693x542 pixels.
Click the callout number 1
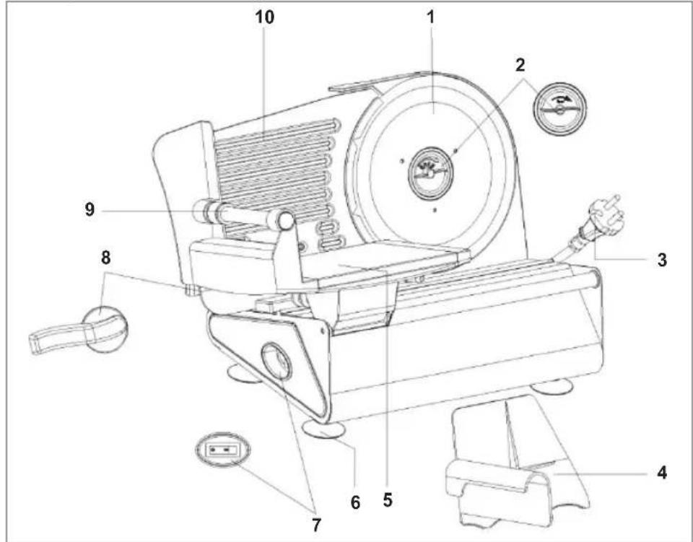(431, 17)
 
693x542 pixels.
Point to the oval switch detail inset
(222, 452)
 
